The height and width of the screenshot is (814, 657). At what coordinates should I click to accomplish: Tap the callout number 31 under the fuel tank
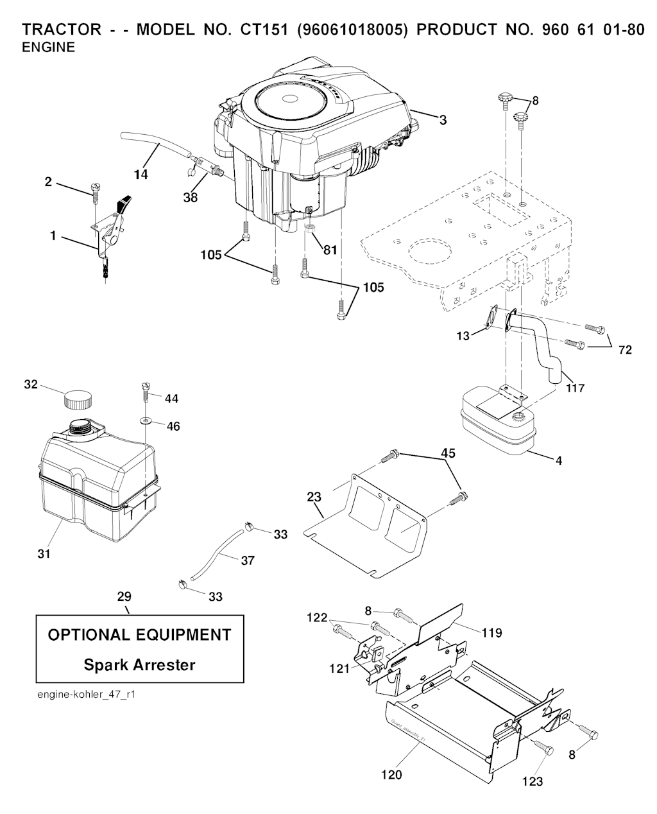(x=44, y=553)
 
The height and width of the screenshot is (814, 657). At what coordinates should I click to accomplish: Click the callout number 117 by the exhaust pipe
(x=575, y=388)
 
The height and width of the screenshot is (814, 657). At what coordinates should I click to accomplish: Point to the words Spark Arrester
(x=139, y=664)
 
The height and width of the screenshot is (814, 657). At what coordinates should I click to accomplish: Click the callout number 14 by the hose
(x=141, y=174)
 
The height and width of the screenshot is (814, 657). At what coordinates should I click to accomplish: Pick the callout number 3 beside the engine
(x=443, y=119)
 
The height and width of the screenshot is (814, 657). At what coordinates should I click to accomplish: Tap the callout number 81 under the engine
(x=330, y=250)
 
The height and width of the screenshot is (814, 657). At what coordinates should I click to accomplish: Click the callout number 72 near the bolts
(x=624, y=350)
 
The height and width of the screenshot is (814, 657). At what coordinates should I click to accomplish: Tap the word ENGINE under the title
(x=48, y=48)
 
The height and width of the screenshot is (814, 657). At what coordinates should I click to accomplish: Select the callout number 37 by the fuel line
(x=247, y=560)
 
